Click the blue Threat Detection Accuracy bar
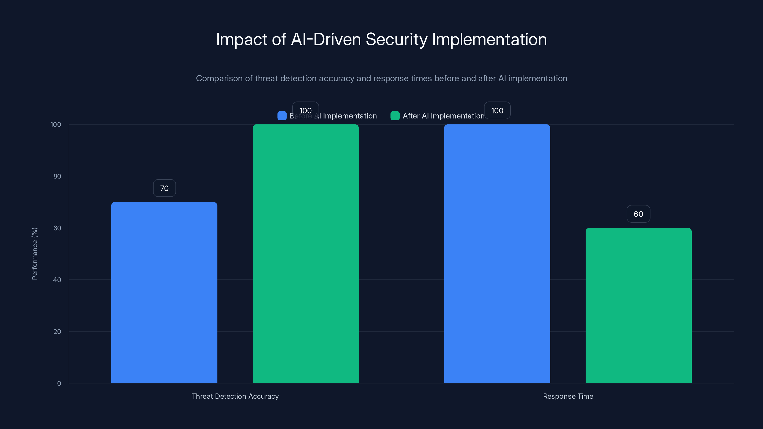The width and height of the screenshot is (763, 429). click(164, 292)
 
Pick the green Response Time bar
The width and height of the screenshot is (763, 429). click(638, 305)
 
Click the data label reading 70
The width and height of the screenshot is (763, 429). click(164, 188)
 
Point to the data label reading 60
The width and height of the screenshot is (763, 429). click(638, 214)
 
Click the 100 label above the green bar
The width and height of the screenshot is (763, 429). click(305, 110)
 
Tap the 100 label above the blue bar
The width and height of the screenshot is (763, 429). click(497, 110)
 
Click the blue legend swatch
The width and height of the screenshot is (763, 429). click(282, 116)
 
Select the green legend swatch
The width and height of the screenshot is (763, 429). click(395, 116)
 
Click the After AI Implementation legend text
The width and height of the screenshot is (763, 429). click(443, 116)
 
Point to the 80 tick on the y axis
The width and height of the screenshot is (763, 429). click(57, 176)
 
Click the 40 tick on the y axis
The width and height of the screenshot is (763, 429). click(57, 280)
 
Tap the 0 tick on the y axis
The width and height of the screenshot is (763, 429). click(59, 383)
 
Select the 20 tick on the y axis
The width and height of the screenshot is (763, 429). click(57, 332)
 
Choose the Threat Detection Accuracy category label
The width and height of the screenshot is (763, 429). click(235, 396)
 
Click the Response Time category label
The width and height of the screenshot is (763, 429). click(568, 396)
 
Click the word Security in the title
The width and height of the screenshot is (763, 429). click(396, 39)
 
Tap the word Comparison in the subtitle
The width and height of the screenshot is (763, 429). click(219, 78)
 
